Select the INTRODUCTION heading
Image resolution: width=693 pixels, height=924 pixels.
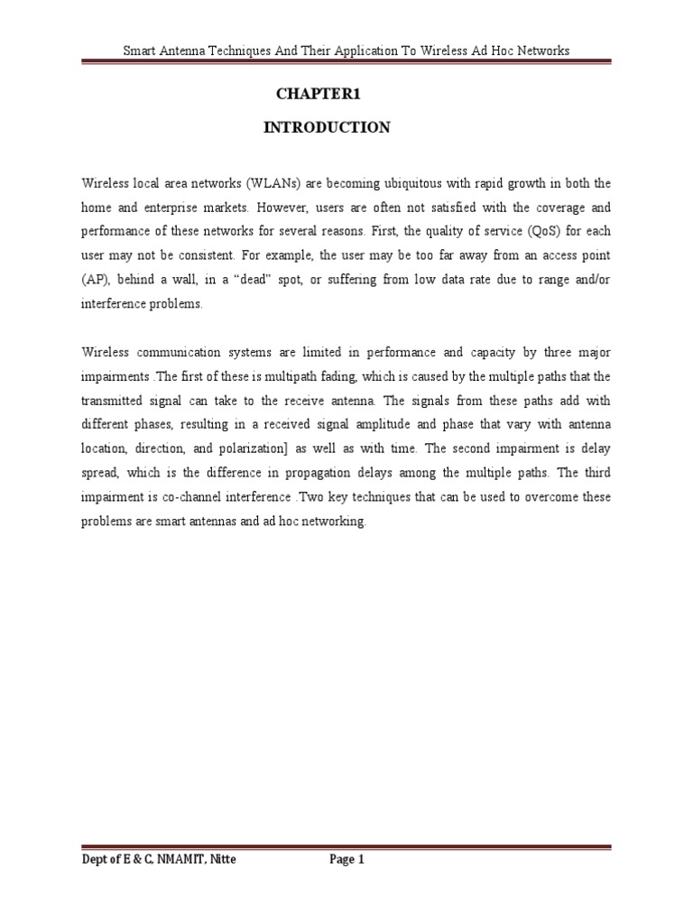tap(327, 128)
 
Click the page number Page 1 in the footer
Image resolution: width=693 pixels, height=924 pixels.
tap(346, 860)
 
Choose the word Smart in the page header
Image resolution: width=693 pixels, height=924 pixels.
tap(141, 51)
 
